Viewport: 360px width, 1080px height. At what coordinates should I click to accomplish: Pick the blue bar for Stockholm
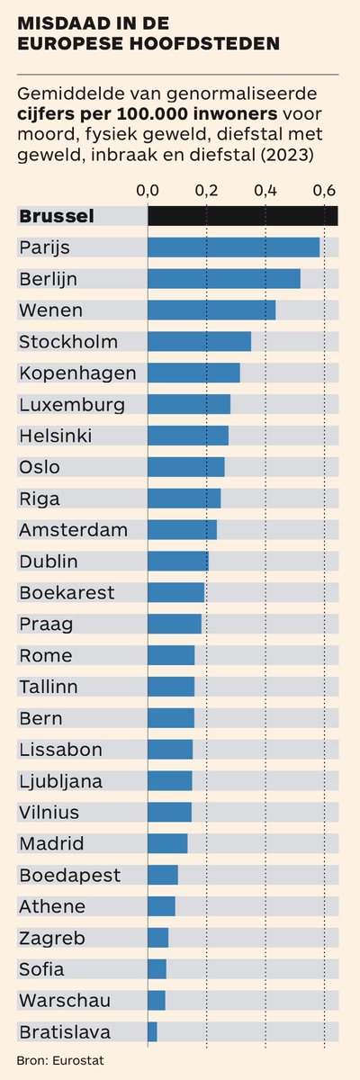click(x=199, y=341)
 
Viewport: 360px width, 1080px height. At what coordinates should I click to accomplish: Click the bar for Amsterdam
click(x=182, y=529)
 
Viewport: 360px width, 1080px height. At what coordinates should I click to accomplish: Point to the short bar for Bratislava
click(x=152, y=1031)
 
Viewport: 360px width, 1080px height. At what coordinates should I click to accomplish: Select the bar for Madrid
click(x=167, y=843)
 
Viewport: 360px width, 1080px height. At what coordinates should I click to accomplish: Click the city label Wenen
click(x=50, y=310)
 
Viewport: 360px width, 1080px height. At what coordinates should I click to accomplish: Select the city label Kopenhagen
click(x=77, y=373)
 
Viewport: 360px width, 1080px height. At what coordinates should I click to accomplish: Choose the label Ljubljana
click(x=60, y=781)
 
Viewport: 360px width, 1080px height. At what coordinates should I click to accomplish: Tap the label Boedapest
click(x=69, y=875)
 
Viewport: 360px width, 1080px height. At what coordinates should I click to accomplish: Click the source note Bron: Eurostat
click(x=60, y=1060)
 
